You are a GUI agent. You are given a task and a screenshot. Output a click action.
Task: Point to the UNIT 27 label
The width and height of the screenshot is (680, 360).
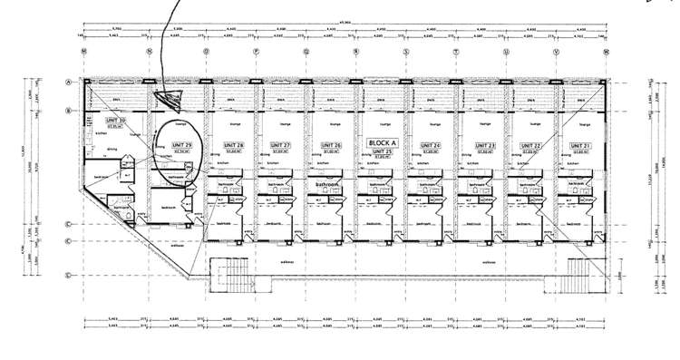tap(279, 145)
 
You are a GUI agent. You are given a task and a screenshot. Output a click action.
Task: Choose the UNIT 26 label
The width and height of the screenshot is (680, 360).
tap(329, 145)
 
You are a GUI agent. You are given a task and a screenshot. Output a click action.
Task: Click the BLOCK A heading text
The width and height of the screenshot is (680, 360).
tap(379, 142)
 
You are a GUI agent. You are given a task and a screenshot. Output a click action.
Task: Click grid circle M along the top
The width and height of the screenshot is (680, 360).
tap(83, 52)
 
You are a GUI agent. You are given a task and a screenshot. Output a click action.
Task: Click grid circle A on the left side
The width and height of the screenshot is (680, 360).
tap(69, 82)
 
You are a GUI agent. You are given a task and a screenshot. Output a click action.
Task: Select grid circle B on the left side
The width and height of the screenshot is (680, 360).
tap(69, 112)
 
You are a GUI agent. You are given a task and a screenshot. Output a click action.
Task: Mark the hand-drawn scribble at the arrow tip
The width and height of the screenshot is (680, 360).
tap(169, 95)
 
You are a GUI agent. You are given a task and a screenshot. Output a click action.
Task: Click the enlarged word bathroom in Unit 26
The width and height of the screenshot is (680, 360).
tap(329, 184)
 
